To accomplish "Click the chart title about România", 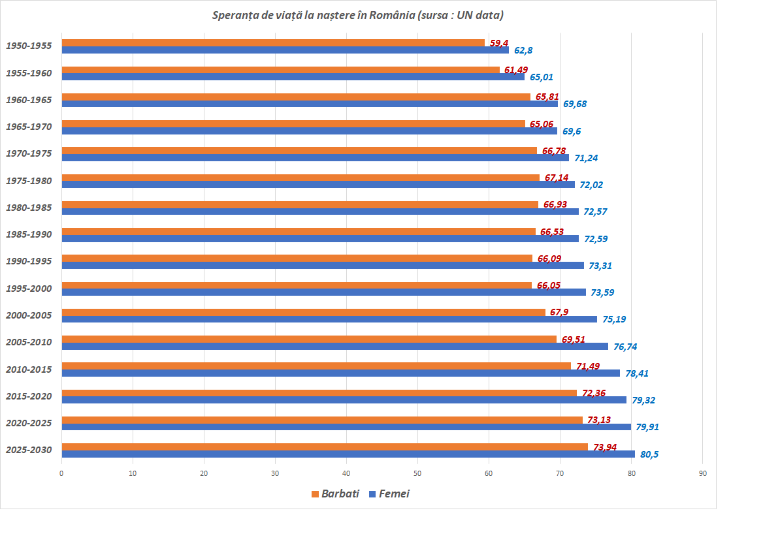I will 357,15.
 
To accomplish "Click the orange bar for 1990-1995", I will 297,259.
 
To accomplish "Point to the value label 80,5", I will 649,454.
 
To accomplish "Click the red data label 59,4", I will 499,43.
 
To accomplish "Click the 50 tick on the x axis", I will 417,473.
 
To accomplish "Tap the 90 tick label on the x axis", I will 702,473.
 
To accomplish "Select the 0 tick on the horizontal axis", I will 61,473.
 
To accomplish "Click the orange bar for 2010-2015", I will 316,366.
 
